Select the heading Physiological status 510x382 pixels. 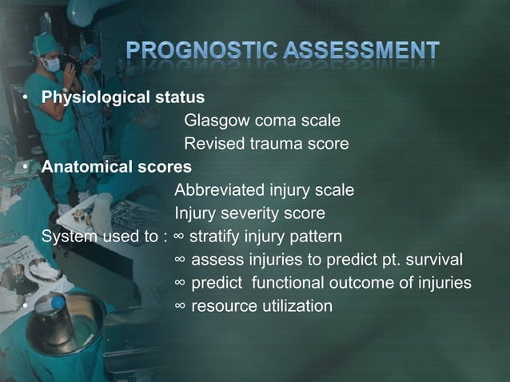123,97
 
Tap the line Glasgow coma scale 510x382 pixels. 262,121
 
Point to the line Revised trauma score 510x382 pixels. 266,144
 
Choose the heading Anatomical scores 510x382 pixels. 117,167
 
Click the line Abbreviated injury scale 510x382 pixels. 264,190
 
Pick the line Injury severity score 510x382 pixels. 249,213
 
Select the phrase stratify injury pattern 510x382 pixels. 265,237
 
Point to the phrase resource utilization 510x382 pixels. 261,306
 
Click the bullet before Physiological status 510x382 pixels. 26,98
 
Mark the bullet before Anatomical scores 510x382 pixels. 26,168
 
